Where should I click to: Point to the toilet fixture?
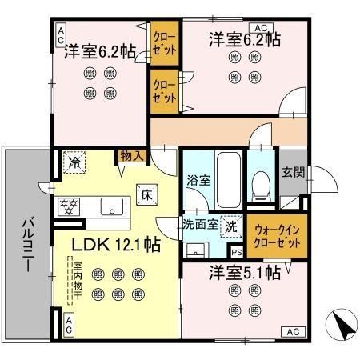pos(258,189)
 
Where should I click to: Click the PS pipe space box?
pos(237,252)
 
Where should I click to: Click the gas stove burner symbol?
pos(68,206)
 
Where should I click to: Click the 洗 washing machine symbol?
pos(231,226)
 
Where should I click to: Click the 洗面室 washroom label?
pos(201,225)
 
